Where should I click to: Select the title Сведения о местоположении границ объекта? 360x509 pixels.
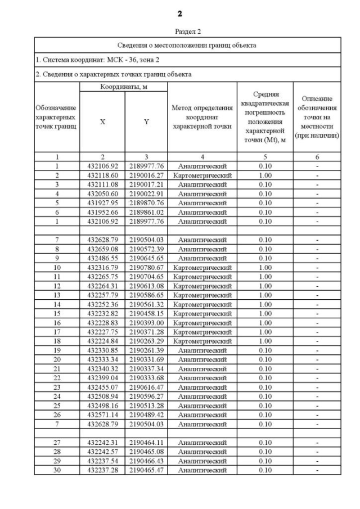point(187,45)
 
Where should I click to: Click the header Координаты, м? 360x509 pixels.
point(123,87)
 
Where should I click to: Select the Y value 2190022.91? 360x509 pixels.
point(146,193)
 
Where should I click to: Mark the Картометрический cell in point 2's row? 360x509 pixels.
point(202,175)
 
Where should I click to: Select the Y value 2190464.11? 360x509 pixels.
point(146,443)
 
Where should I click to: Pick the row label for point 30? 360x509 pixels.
point(57,470)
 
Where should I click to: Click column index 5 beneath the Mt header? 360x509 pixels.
point(265,157)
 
